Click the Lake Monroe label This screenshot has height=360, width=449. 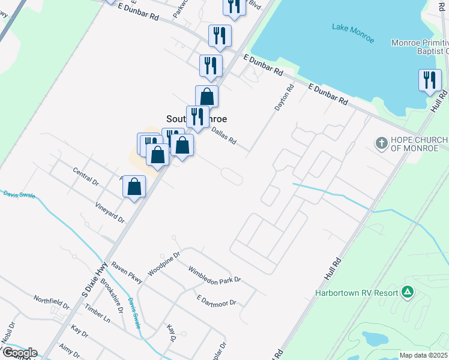[x=353, y=33]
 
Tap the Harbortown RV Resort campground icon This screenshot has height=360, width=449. [x=408, y=292]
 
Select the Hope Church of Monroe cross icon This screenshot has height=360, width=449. [x=381, y=143]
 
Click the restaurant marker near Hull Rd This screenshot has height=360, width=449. [x=429, y=81]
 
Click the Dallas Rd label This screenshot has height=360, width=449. [x=223, y=137]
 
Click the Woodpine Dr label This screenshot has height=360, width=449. [x=164, y=263]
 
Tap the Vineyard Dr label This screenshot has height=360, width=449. [x=109, y=212]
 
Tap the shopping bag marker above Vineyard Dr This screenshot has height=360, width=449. [x=134, y=187]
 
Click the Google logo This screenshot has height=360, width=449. [x=19, y=353]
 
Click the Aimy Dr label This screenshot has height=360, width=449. [x=70, y=352]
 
